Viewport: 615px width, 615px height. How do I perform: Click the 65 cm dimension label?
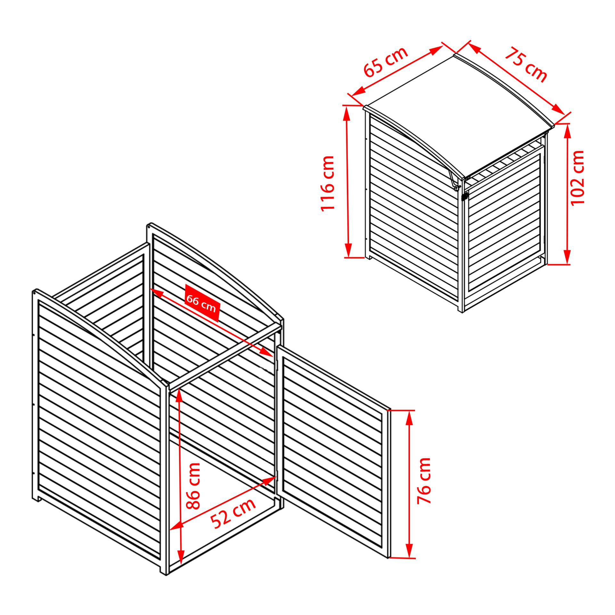pos(386,62)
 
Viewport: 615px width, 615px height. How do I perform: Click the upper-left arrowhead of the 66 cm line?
pos(157,292)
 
